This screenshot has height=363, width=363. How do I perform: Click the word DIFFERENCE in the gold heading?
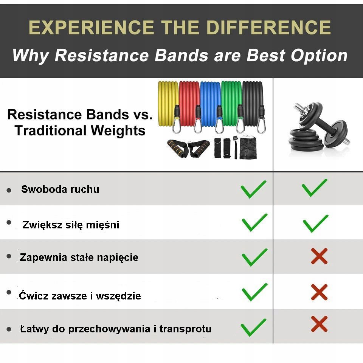tap(268, 27)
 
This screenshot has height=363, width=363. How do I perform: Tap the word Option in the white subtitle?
tap(319, 56)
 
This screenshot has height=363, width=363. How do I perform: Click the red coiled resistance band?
tap(189, 104)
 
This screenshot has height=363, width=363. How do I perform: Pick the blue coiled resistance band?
tap(210, 104)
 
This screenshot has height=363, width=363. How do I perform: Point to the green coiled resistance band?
tap(231, 104)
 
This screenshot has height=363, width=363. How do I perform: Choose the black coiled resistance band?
tap(253, 104)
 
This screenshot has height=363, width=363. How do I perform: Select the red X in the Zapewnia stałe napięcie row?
tap(319, 256)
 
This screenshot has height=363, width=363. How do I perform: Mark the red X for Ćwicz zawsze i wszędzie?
tap(319, 292)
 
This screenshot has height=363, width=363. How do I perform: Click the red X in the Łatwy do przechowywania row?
tap(319, 324)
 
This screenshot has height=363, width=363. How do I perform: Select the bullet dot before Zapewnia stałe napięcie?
tap(9, 256)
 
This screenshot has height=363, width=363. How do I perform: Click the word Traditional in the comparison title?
tap(50, 130)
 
